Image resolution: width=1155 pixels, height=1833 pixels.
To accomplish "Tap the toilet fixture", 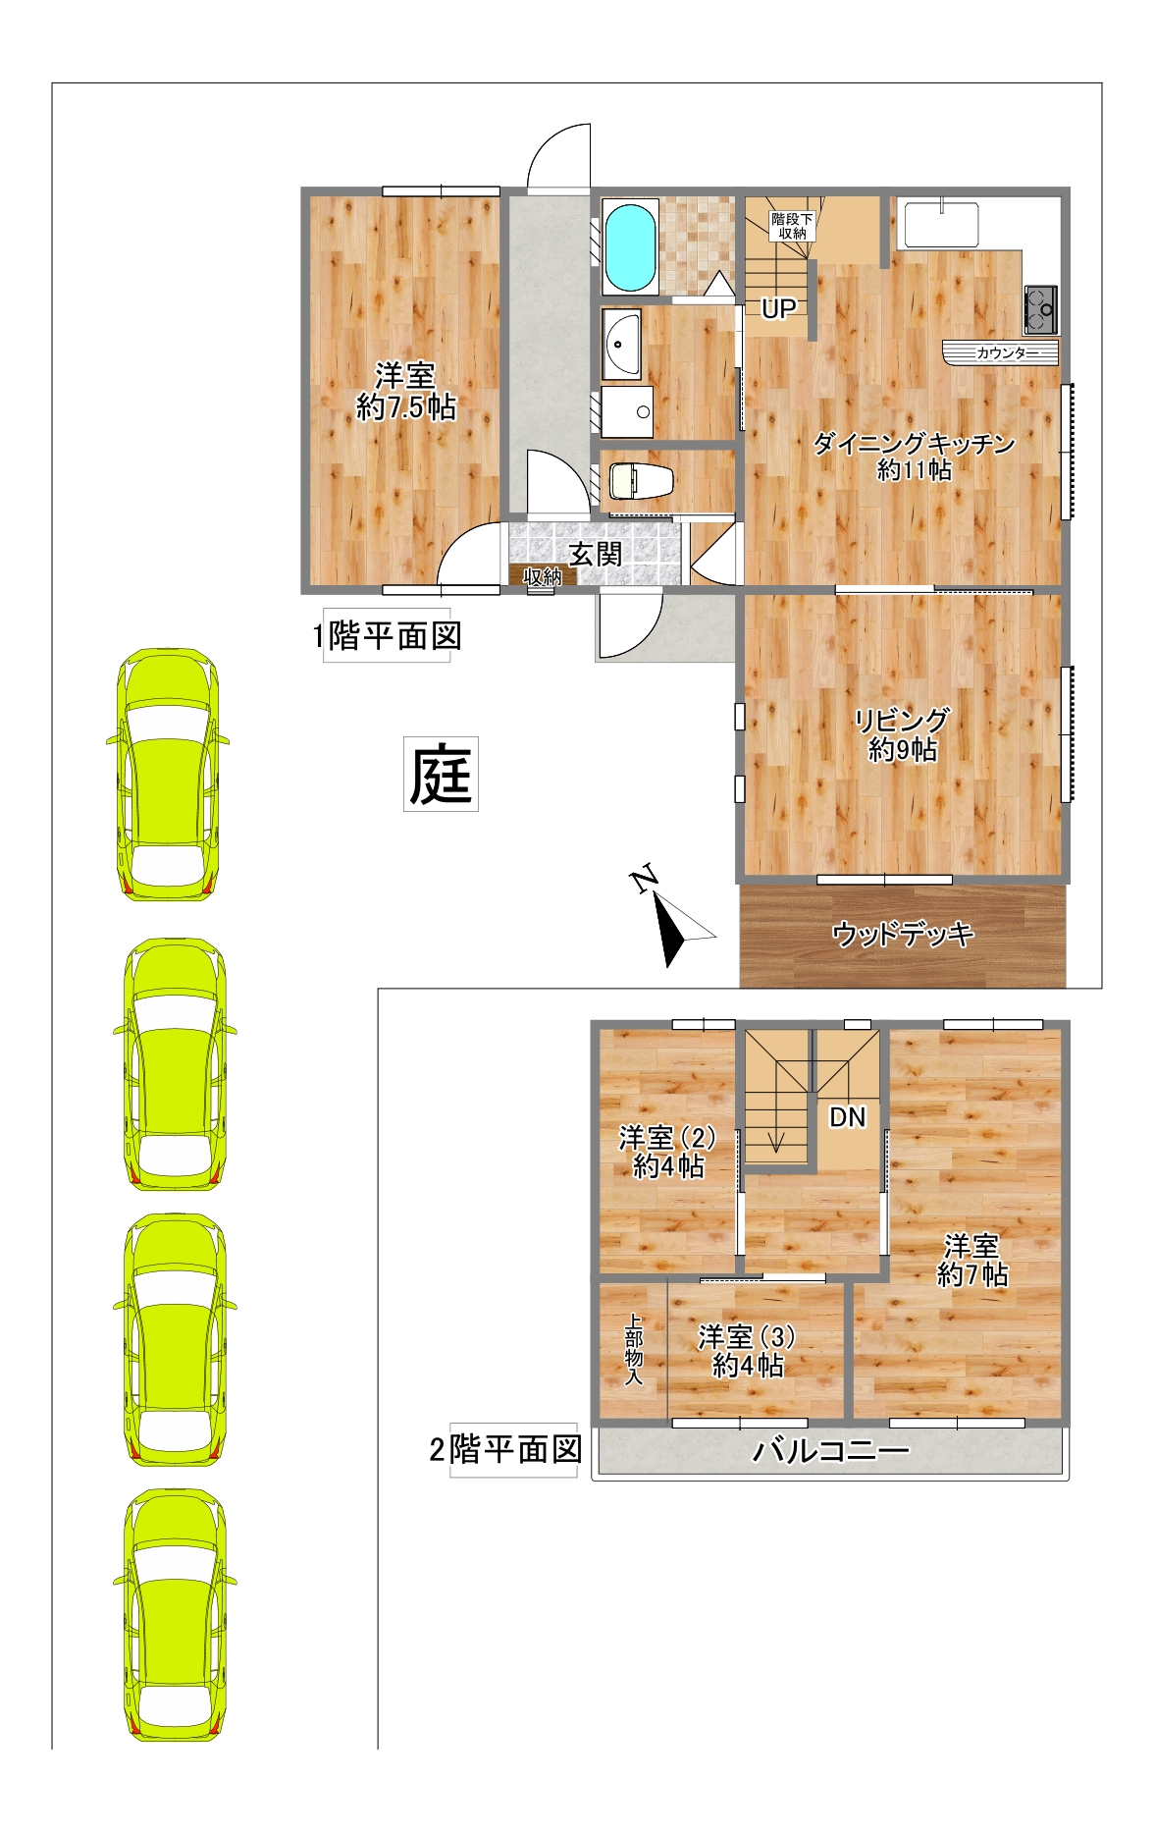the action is click(642, 481).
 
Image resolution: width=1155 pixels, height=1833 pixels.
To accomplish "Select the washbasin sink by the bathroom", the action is click(621, 344).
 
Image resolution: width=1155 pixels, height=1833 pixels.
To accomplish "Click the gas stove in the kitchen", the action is click(1040, 307).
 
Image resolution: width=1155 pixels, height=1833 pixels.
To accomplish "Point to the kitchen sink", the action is click(942, 225).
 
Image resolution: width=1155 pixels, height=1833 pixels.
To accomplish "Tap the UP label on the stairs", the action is click(778, 308).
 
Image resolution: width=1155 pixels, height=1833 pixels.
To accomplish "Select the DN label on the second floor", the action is click(848, 1116).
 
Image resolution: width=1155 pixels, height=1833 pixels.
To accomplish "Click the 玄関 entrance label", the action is click(596, 554).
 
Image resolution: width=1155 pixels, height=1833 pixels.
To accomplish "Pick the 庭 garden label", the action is click(441, 774).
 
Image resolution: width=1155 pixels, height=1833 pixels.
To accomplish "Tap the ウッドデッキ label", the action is click(903, 933).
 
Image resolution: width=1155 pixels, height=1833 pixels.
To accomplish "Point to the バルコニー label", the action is click(830, 1450).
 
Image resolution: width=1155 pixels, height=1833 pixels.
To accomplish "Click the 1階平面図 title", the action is click(387, 636).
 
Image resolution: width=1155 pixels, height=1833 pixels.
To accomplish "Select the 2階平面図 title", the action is click(506, 1449).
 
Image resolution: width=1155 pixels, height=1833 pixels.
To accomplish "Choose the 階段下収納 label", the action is click(792, 226).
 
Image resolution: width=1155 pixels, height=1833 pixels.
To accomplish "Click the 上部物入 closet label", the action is click(634, 1350).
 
